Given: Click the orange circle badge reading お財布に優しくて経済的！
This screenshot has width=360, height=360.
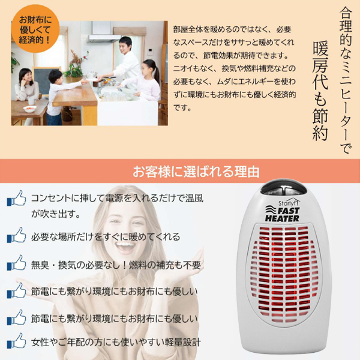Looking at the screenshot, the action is pos(35,29).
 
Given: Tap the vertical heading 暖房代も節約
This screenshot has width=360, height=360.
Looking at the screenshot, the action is pos(320,91).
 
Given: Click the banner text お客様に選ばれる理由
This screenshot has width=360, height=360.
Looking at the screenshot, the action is pos(196,171).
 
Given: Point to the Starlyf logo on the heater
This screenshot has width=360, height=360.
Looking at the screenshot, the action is pos(289,202).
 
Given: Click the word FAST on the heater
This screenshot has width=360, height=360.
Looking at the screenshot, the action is pos(289,211).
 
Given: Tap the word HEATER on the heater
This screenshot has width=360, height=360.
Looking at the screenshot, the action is pos(282,218).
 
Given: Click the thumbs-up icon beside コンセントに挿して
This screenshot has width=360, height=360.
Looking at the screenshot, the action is pos(16,198).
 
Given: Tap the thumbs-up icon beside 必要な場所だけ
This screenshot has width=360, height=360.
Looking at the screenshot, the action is pos(16,235).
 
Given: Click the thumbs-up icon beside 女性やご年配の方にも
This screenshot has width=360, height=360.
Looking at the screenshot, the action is pos(16,341).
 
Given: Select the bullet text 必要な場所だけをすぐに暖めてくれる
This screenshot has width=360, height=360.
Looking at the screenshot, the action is pos(106,237).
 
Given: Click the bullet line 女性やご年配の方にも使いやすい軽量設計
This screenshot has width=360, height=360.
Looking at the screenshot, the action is pos(116,343).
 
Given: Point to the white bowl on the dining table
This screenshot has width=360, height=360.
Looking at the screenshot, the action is pos(29,109).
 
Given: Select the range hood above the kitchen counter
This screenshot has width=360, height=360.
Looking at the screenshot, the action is pos(104,38).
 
